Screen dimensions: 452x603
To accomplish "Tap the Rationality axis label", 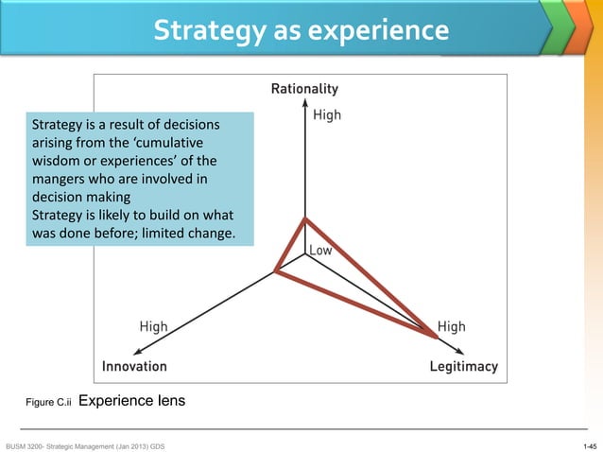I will pyautogui.click(x=304, y=90).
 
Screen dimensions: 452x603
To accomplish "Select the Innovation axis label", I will pyautogui.click(x=134, y=366).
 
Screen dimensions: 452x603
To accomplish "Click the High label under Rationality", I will pyautogui.click(x=327, y=115).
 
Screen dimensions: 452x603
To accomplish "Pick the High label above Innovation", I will pyautogui.click(x=153, y=326).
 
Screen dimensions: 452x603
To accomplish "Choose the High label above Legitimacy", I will pyautogui.click(x=451, y=326).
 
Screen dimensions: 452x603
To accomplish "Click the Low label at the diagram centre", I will pyautogui.click(x=320, y=251).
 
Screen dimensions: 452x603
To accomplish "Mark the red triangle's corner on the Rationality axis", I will pyautogui.click(x=304, y=219).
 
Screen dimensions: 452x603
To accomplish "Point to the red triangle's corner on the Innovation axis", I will pyautogui.click(x=275, y=271).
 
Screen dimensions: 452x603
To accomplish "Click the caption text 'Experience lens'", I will pyautogui.click(x=131, y=401).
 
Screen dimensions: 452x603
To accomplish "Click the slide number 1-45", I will pyautogui.click(x=590, y=444).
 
